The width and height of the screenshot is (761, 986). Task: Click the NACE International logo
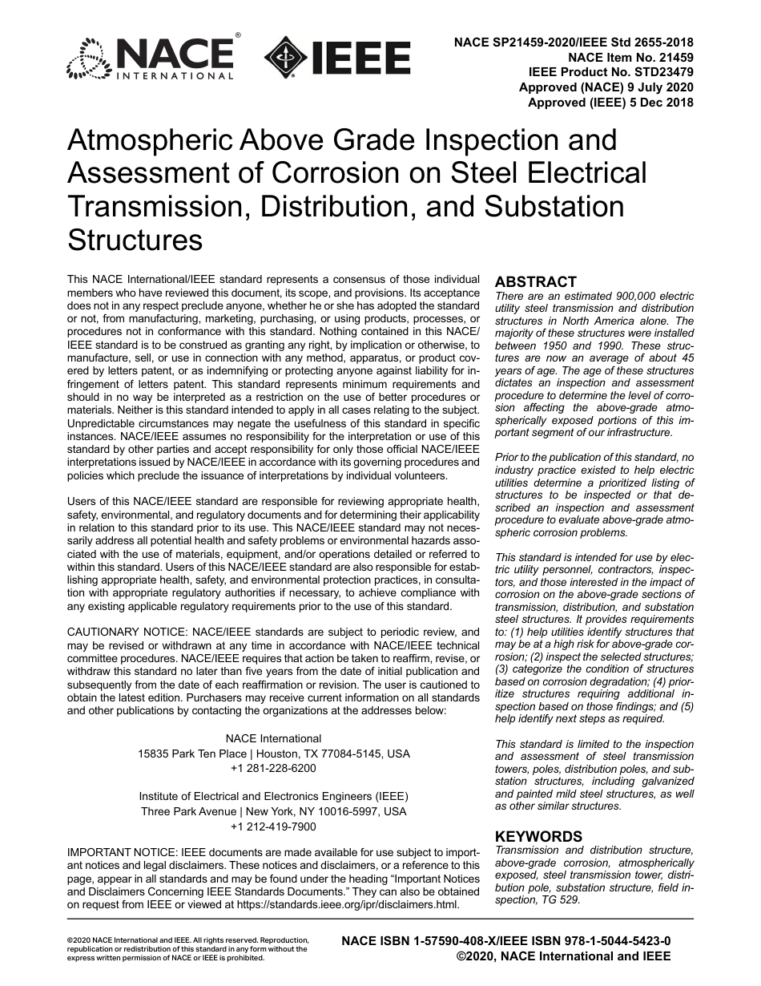tap(151, 58)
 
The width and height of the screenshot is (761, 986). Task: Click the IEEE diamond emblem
tap(280, 58)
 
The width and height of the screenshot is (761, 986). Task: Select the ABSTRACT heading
tap(535, 282)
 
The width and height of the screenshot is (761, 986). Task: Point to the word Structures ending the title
tap(135, 240)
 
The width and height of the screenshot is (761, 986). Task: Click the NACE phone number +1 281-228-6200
tap(273, 768)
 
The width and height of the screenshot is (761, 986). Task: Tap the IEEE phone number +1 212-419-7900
tap(273, 826)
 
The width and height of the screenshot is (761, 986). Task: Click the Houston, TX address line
tap(273, 754)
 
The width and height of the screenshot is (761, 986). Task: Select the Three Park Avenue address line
tap(273, 811)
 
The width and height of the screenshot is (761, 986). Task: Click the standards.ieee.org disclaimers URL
tap(346, 905)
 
